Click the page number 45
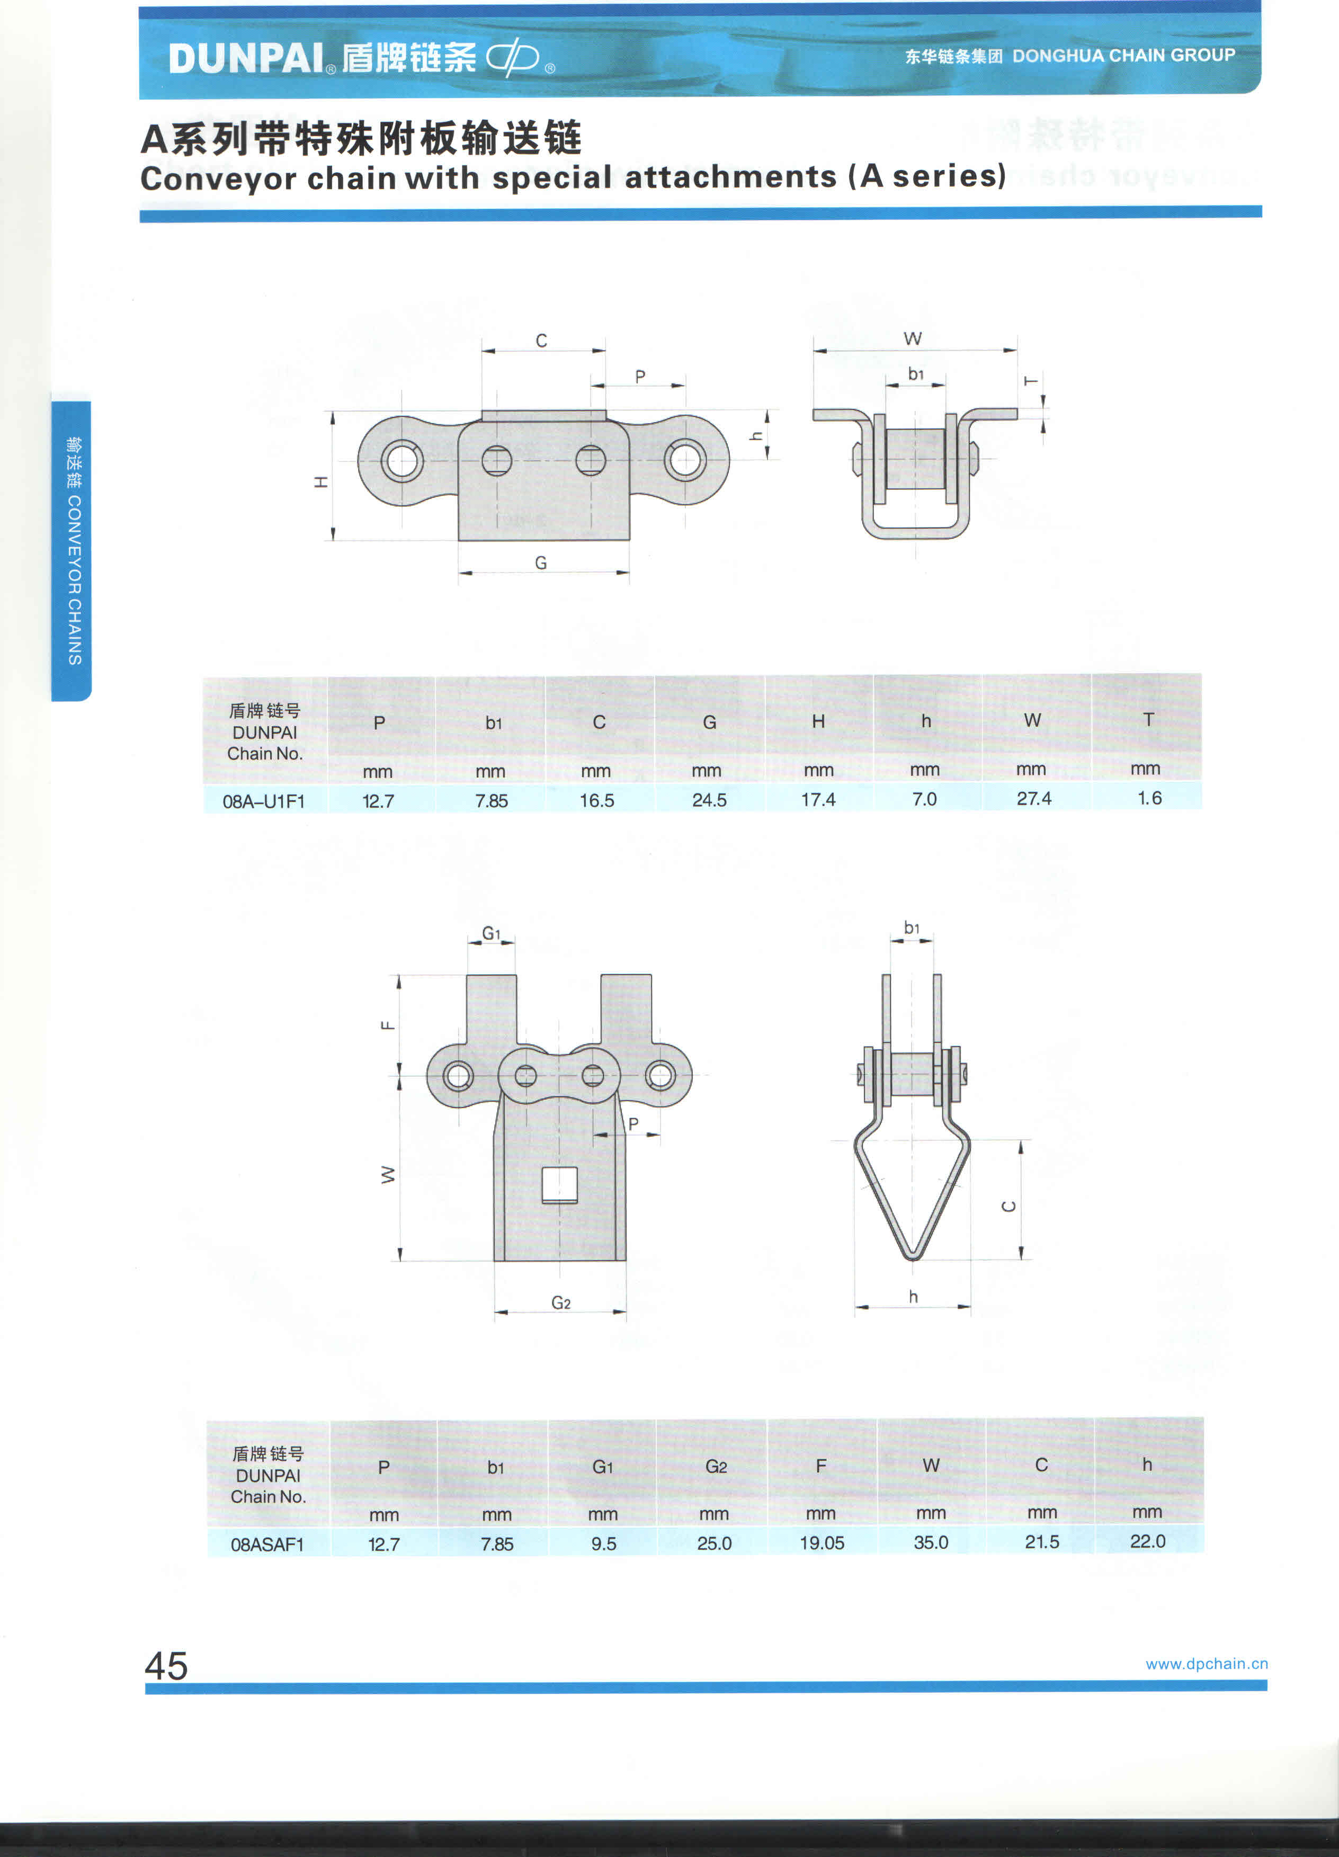click(x=166, y=1665)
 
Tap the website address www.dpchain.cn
click(x=1207, y=1664)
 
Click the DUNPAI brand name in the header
click(x=246, y=59)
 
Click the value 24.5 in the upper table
click(x=709, y=800)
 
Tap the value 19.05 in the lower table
click(x=822, y=1542)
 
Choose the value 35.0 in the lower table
click(x=931, y=1542)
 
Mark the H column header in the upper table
click(x=818, y=721)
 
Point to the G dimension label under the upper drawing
click(x=540, y=563)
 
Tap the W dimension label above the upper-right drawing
click(x=913, y=338)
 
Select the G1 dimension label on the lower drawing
click(x=490, y=933)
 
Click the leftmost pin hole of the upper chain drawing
click(x=401, y=460)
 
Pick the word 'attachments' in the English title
click(x=730, y=177)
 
